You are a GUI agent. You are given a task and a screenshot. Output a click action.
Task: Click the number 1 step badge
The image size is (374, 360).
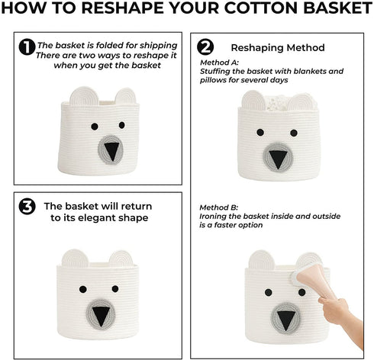(27, 47)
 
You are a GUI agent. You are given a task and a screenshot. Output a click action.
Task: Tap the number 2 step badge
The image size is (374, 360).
(205, 47)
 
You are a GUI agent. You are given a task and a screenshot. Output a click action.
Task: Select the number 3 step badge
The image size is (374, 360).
(27, 207)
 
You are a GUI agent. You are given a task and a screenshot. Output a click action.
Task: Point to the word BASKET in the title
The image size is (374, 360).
(337, 8)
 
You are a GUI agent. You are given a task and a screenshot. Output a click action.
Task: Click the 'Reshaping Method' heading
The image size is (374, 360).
(278, 48)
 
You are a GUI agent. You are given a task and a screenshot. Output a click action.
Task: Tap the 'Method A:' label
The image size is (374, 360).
(219, 63)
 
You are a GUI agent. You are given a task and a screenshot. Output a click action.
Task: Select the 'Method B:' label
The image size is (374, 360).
(219, 207)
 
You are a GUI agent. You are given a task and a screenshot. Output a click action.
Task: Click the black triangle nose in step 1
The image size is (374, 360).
(111, 150)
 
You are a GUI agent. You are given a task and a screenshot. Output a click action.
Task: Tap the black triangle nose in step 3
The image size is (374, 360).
(101, 316)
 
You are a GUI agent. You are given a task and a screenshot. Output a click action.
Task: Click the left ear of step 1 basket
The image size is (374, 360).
(84, 96)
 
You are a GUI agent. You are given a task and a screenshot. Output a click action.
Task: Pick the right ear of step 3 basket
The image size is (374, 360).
(121, 259)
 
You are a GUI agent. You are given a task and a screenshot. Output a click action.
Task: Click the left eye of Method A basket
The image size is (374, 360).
(260, 132)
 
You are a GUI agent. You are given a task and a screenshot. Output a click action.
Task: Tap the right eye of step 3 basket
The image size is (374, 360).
(115, 289)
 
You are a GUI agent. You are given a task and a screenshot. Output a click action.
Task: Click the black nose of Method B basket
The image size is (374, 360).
(285, 321)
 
